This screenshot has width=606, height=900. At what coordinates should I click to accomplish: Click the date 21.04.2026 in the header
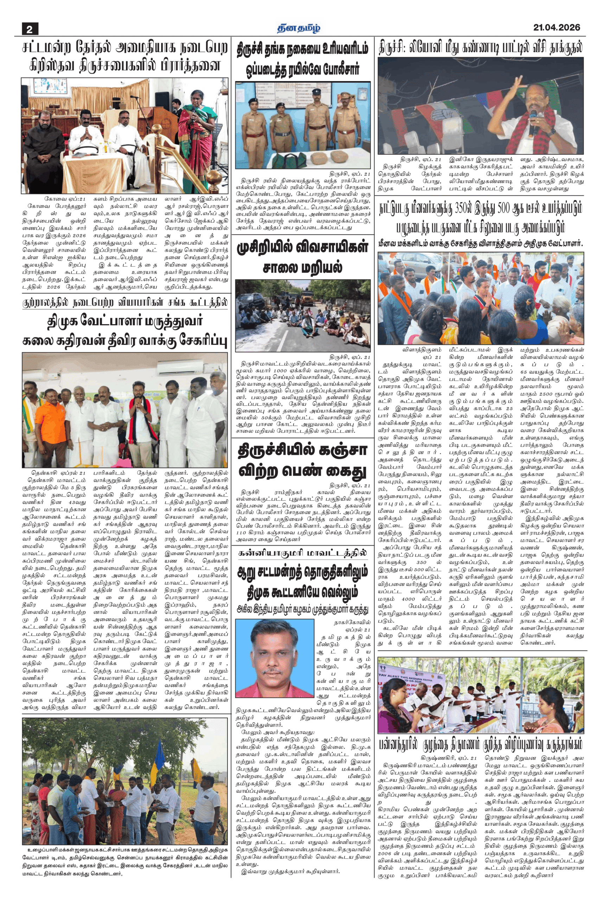click(556, 27)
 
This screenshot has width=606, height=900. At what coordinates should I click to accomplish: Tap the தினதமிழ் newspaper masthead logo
click(298, 28)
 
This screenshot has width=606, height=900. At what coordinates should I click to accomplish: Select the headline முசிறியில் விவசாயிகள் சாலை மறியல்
click(302, 257)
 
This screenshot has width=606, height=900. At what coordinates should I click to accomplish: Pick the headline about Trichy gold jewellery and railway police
click(302, 59)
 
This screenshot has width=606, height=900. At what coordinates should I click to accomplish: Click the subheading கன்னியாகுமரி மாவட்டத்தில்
click(302, 553)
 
